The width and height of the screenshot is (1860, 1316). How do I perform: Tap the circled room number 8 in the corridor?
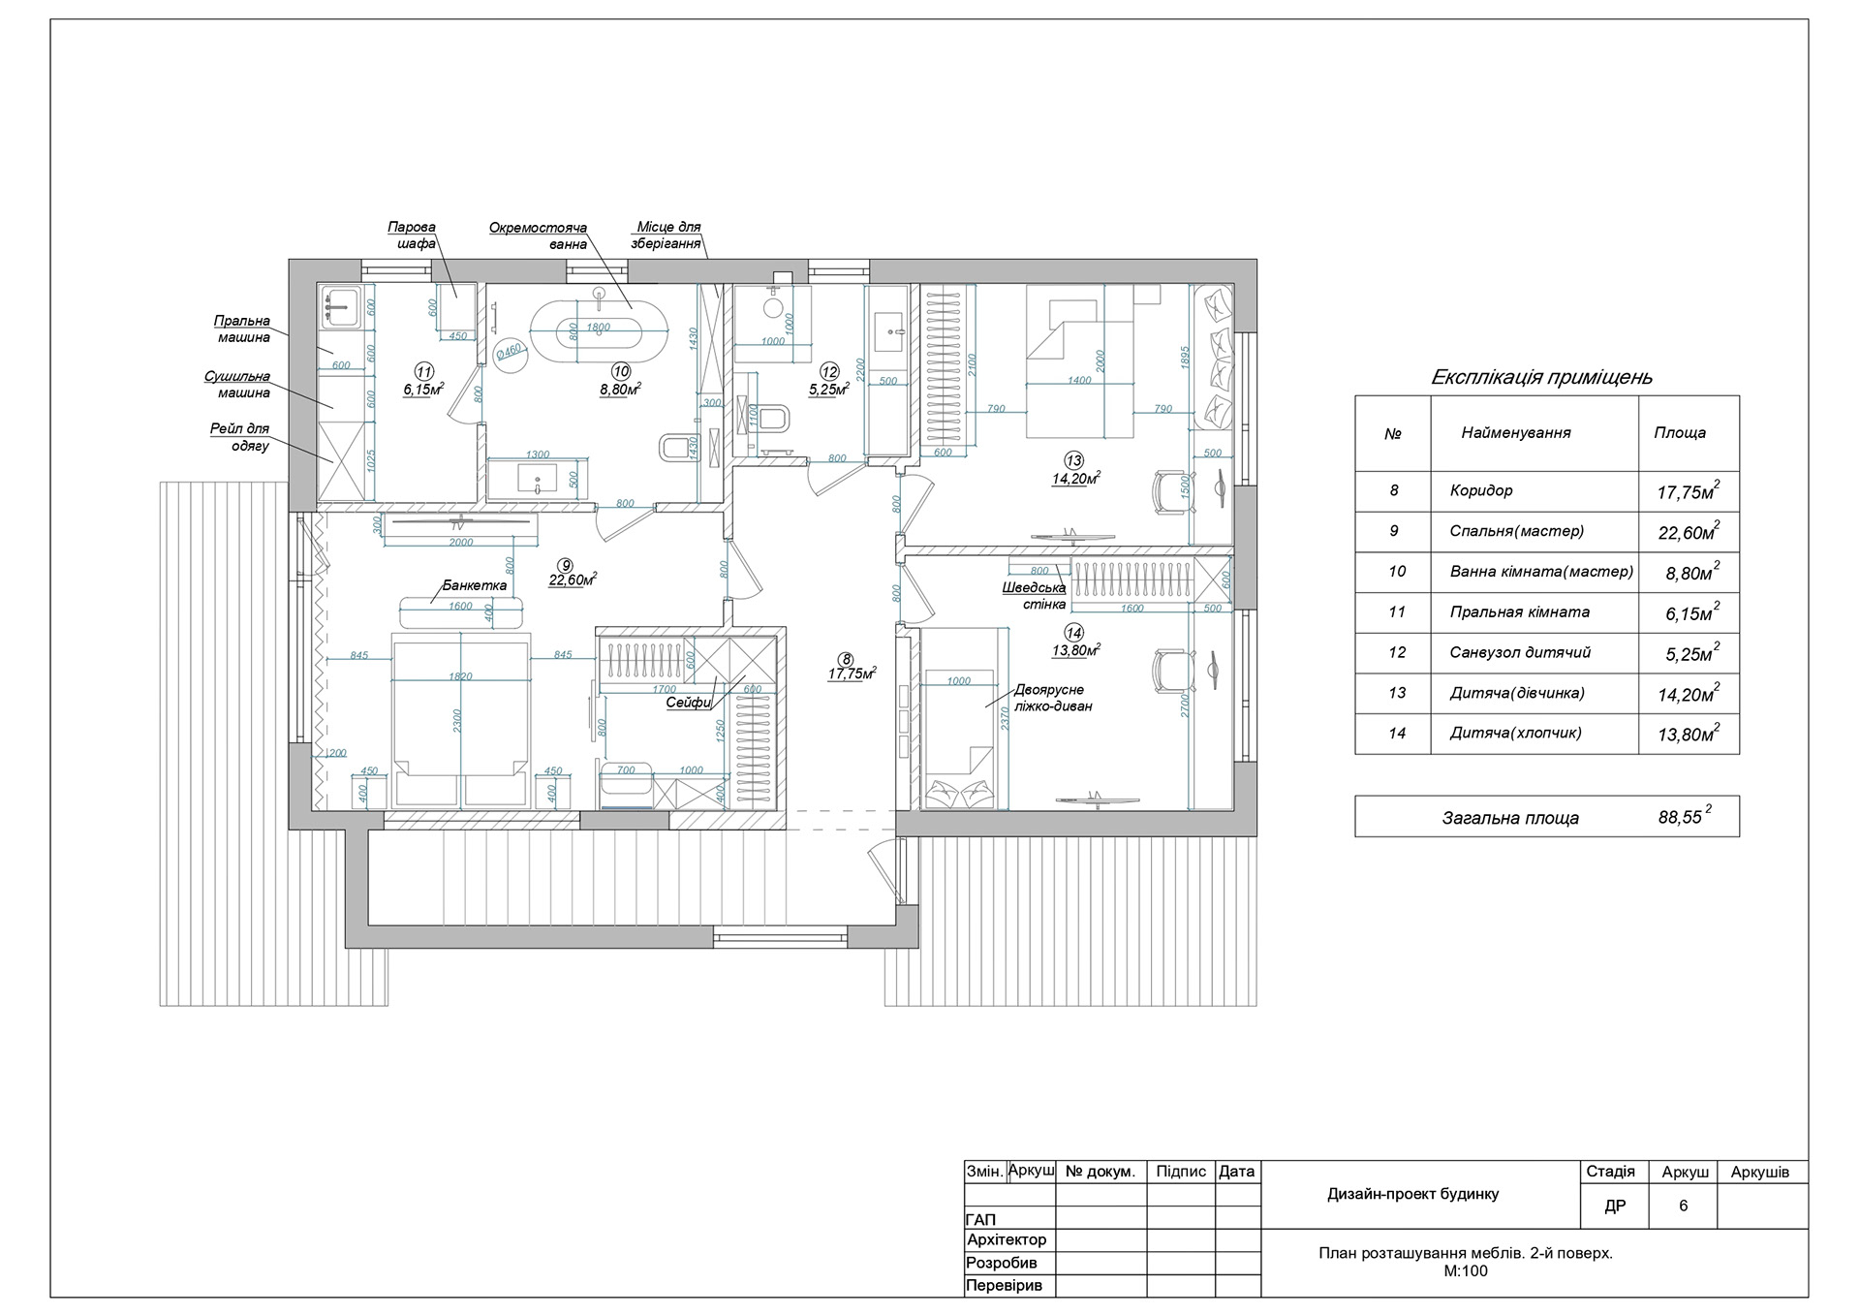coord(846,660)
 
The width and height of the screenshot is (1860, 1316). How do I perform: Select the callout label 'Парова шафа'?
coord(413,235)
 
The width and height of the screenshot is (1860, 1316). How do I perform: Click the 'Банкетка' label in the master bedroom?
coord(475,585)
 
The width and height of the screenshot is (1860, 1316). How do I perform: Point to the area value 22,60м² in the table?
coord(1688,533)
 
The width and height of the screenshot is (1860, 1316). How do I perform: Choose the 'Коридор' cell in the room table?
coord(1481,490)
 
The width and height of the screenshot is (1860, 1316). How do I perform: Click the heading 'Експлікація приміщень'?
coord(1541,377)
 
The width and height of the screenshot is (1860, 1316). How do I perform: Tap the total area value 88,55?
coord(1680,817)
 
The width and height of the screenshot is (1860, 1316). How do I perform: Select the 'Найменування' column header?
coord(1516,433)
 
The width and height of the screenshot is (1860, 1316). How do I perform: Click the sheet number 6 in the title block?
coord(1683,1206)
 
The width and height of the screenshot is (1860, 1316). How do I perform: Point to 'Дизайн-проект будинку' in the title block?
coord(1412,1194)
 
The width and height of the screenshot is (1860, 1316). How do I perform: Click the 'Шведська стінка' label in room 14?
coord(1035,596)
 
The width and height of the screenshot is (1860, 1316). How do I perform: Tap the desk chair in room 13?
coord(1170,489)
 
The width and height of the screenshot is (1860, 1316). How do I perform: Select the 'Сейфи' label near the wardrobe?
coord(688,703)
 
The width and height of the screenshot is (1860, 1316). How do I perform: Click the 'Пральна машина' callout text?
coord(242,329)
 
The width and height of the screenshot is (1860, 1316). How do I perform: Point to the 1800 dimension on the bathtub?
coord(599,328)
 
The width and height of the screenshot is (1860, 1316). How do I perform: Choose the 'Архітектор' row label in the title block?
coord(1007,1239)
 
